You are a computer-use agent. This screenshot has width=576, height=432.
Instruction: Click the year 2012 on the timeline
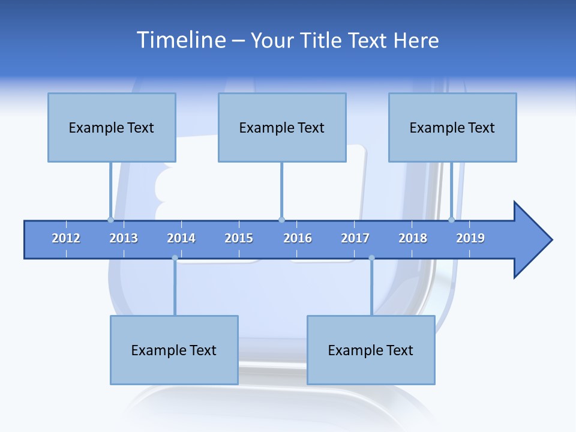(x=66, y=238)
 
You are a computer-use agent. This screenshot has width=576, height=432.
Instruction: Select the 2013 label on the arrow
(x=124, y=238)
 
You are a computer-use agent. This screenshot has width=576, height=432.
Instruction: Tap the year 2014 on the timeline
(x=181, y=238)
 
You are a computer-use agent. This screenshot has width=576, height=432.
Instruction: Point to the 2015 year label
(x=239, y=238)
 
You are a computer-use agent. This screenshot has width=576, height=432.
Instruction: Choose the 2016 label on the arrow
(x=298, y=238)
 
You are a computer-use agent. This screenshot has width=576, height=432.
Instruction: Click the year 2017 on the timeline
(x=355, y=238)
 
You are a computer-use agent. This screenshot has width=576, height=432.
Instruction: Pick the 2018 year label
(x=413, y=238)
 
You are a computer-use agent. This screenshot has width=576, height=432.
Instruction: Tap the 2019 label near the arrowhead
(x=470, y=238)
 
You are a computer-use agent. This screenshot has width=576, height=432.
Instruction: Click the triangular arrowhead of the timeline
(x=531, y=240)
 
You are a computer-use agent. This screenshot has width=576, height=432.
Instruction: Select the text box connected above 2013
(x=112, y=127)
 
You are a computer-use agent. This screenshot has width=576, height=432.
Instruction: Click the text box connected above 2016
(x=282, y=127)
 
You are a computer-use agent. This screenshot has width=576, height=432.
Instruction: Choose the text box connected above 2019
(x=452, y=127)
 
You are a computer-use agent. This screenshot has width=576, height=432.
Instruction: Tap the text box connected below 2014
(x=174, y=350)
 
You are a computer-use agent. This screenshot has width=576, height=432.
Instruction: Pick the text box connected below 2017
(x=371, y=350)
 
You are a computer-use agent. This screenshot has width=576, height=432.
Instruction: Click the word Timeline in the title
(x=181, y=40)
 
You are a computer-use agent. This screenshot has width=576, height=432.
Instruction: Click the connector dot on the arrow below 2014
(x=175, y=258)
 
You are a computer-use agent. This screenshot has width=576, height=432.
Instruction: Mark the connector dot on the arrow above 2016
(x=281, y=220)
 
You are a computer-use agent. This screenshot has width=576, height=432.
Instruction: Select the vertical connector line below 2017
(x=371, y=287)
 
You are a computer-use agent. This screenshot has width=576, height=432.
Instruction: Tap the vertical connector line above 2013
(x=110, y=190)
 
